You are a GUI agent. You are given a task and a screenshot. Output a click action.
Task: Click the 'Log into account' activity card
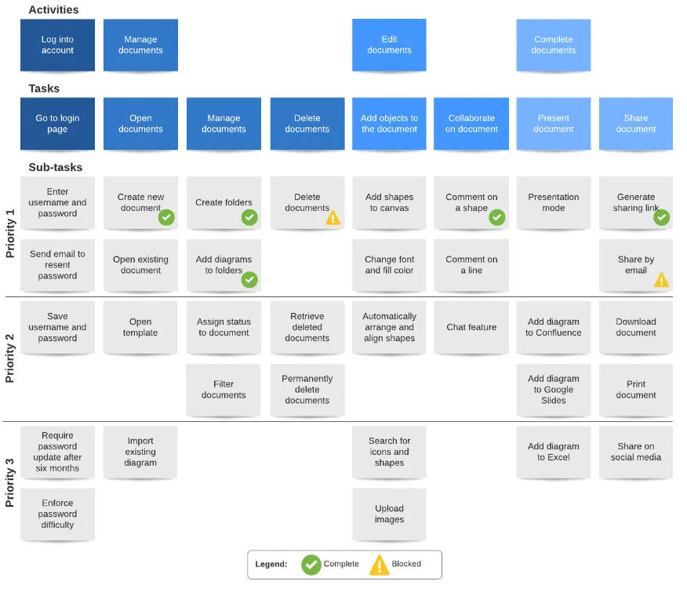(x=57, y=45)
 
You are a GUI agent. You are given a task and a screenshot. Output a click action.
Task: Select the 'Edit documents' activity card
(x=389, y=45)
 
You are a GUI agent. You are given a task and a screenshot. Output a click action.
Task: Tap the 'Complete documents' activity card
(x=553, y=45)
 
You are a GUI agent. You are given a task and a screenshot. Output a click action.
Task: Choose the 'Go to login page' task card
(x=57, y=124)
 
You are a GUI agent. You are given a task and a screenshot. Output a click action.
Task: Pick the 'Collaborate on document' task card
(x=471, y=124)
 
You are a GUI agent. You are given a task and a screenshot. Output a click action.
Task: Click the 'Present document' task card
(x=553, y=124)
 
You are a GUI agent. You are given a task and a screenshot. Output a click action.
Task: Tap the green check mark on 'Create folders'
(x=249, y=217)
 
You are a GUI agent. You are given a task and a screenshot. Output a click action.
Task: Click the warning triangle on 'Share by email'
(x=662, y=279)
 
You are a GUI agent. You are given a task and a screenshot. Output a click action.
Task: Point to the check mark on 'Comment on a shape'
(x=497, y=217)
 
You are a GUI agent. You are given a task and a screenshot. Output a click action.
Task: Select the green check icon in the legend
(x=311, y=564)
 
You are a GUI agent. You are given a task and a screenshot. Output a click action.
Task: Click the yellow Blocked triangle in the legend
(x=379, y=564)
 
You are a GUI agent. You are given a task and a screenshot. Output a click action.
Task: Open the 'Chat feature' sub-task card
(x=471, y=327)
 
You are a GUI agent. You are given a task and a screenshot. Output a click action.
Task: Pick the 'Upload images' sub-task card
(x=389, y=514)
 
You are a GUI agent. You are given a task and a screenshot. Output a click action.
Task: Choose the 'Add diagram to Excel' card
(x=553, y=452)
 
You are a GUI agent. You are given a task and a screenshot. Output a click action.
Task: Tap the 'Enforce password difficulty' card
(x=57, y=514)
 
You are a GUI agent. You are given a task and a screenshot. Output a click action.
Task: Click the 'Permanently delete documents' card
(x=307, y=389)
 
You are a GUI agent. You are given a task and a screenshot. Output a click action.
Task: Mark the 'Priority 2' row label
(x=10, y=358)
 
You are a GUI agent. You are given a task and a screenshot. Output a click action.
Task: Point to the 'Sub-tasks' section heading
(x=55, y=167)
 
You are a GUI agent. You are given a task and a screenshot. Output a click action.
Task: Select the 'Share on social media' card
(x=635, y=452)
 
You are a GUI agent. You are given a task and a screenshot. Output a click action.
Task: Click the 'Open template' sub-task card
(x=140, y=327)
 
